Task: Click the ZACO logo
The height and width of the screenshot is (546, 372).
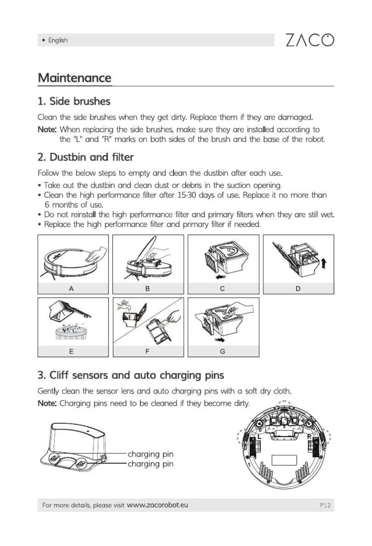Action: point(309,40)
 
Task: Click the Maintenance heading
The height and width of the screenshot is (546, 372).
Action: point(75,78)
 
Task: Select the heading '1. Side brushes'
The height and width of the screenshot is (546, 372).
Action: point(74,101)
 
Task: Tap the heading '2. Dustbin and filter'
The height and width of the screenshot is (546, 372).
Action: point(85,157)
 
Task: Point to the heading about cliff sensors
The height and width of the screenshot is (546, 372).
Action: point(131,375)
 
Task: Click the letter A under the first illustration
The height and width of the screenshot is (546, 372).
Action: point(71,289)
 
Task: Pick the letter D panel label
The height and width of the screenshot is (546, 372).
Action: point(298,289)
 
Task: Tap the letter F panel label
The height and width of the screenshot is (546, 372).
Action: point(147,351)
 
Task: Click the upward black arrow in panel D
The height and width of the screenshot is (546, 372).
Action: point(323,264)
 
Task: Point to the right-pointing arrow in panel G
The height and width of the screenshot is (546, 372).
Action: point(220,340)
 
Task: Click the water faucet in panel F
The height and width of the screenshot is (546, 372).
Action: point(122,305)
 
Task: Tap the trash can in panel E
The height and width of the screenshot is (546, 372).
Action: point(71,333)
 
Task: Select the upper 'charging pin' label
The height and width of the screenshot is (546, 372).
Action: point(150,454)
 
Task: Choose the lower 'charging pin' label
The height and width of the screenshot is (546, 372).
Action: point(150,464)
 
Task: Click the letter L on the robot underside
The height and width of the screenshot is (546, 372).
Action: point(259,437)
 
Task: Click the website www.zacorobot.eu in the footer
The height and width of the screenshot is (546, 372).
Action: point(158,505)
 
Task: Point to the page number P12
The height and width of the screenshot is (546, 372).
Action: point(325,505)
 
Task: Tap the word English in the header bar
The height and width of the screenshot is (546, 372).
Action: point(58,40)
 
